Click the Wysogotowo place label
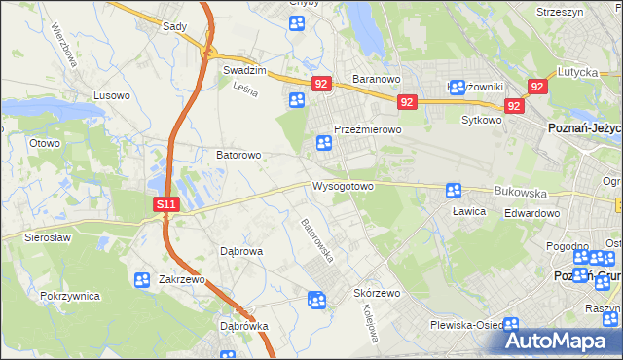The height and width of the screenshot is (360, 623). point(343,186)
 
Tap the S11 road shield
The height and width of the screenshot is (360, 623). point(166,204)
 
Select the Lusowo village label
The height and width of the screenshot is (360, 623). point(111,95)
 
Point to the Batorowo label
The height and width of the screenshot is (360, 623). point(238,155)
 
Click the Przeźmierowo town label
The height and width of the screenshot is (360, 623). point(368,129)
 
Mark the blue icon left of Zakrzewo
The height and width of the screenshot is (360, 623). point(141,280)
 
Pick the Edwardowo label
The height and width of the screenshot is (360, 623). point(531,213)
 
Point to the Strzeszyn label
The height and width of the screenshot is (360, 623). point(561,12)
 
